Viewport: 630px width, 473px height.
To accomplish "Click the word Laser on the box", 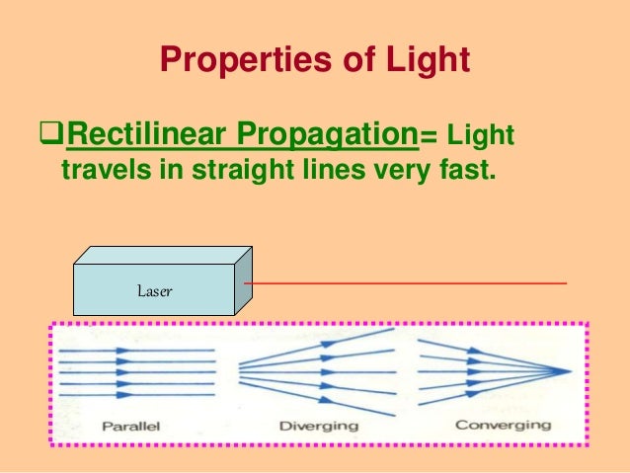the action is click(x=155, y=291).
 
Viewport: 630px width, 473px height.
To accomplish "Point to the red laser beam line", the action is click(x=405, y=283).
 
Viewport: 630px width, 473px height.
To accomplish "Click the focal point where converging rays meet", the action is click(x=570, y=369).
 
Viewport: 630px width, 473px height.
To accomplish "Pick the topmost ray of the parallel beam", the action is click(x=138, y=350).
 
